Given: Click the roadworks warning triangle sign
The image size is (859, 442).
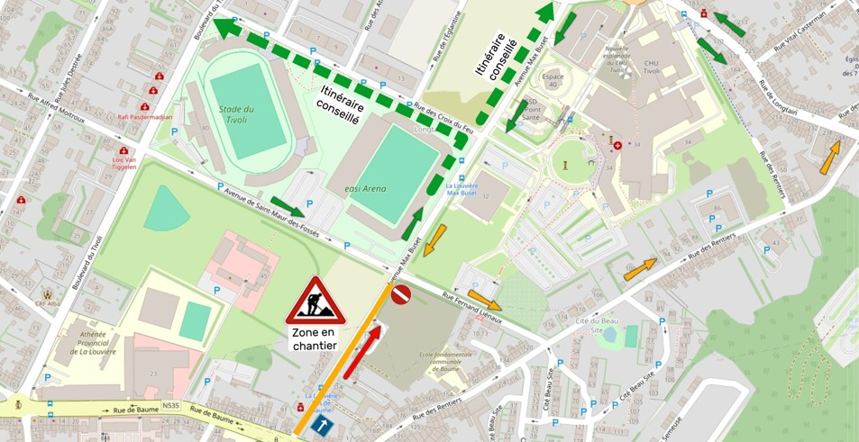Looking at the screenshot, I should click(315, 302).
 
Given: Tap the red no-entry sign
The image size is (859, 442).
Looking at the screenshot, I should click(401, 294).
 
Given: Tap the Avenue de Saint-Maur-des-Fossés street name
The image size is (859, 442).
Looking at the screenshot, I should click(283, 215).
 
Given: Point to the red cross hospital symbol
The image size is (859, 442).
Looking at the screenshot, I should click(617, 145).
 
